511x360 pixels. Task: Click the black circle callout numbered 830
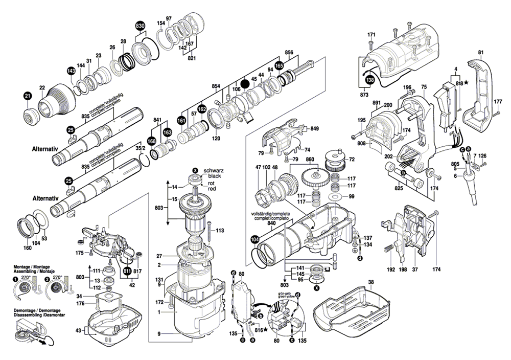(x=140, y=26)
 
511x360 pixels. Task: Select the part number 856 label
(x=289, y=53)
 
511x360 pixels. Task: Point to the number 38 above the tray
(x=371, y=282)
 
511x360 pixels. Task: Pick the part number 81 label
(x=480, y=52)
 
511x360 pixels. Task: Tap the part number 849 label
(x=314, y=128)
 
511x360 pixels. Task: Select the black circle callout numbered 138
(x=369, y=80)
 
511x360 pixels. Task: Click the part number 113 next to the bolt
(x=220, y=231)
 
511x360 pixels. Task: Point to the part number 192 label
(x=391, y=269)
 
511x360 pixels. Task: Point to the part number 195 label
(x=362, y=120)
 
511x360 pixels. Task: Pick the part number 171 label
(x=371, y=34)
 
